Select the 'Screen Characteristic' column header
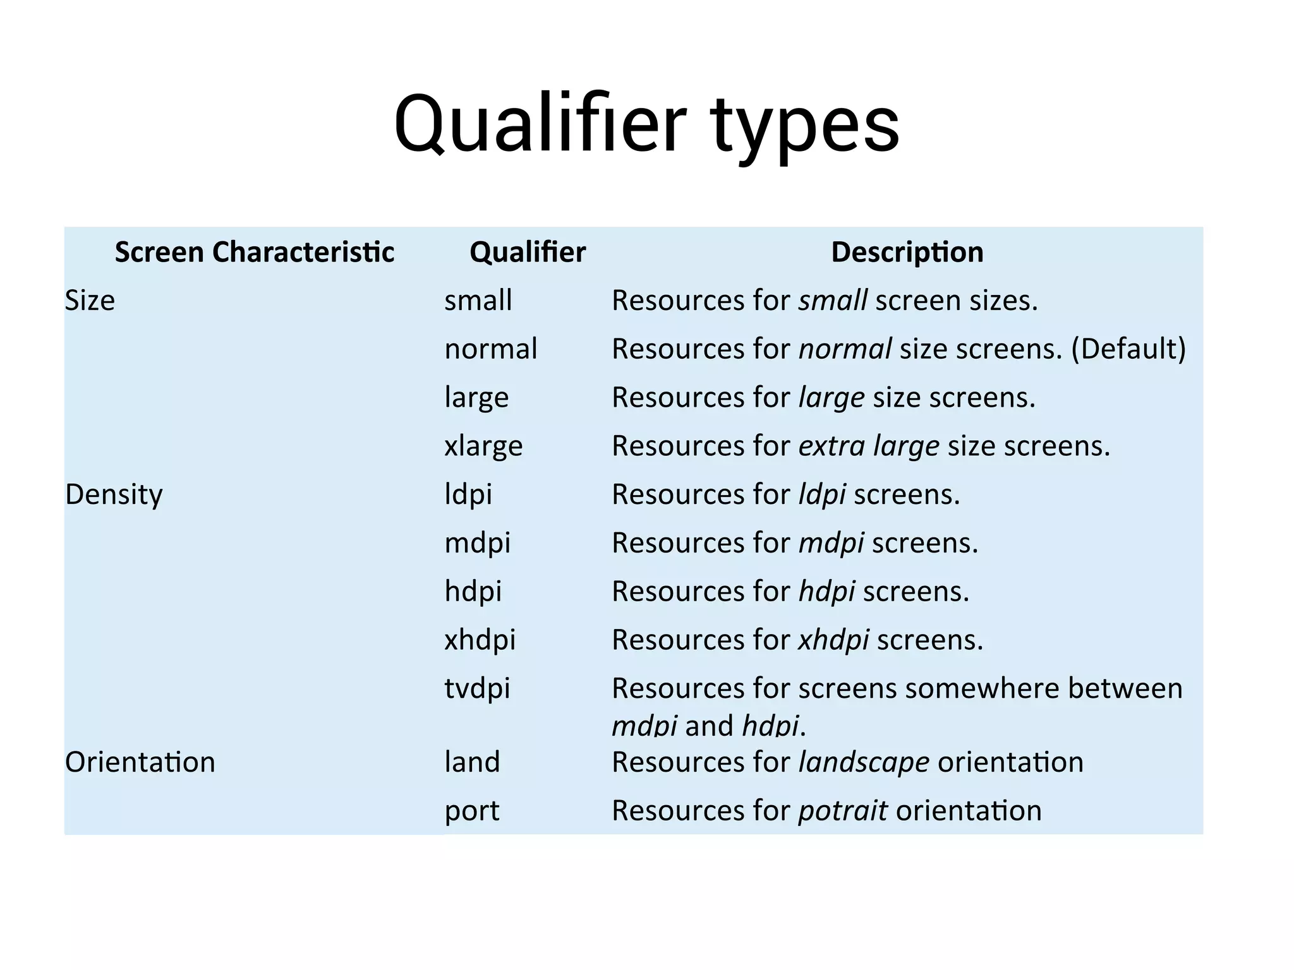255,252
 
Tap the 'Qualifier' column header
528,252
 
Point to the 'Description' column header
907,252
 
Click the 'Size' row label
90,301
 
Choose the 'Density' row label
114,494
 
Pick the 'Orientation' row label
140,762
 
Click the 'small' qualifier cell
478,301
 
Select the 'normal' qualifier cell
491,349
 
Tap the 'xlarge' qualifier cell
483,446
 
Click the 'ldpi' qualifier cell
468,494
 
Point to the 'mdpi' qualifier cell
478,543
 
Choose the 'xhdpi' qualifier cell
480,640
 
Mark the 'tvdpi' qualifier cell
477,688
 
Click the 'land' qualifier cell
472,762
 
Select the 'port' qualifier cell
472,811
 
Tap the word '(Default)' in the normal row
1128,349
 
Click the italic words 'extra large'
869,446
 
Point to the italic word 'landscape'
864,762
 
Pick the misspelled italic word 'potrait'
843,811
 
